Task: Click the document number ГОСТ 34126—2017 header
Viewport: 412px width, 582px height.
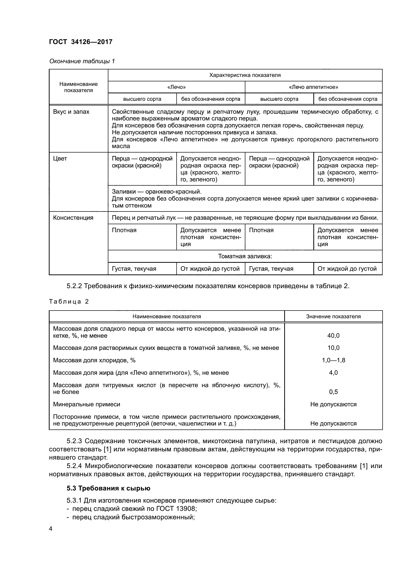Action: [x=81, y=42]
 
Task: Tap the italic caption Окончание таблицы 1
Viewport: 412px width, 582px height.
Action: [x=82, y=61]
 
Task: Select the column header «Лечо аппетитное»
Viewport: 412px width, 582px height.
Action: [x=313, y=87]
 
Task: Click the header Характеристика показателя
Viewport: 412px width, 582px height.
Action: [x=245, y=75]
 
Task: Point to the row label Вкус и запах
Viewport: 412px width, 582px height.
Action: [x=71, y=112]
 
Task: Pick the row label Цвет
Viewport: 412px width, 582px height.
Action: [x=60, y=159]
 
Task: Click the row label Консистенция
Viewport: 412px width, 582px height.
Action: [x=73, y=218]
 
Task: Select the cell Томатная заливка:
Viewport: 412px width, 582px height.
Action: [x=245, y=256]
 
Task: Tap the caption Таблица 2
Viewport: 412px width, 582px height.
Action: [x=69, y=301]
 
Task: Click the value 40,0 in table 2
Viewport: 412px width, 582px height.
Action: [x=333, y=336]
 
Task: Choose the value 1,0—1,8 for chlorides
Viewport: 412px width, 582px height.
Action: [x=333, y=360]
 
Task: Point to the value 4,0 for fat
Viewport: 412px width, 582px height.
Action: [x=333, y=373]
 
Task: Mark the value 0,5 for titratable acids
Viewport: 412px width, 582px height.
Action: [x=333, y=392]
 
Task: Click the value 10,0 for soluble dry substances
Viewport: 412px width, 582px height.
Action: [x=333, y=348]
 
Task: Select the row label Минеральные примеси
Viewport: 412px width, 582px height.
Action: [x=86, y=404]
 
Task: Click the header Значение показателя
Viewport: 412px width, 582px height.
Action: [x=333, y=316]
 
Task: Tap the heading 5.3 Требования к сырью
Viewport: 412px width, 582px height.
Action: [x=108, y=488]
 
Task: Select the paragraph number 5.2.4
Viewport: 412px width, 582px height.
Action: [x=74, y=466]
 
